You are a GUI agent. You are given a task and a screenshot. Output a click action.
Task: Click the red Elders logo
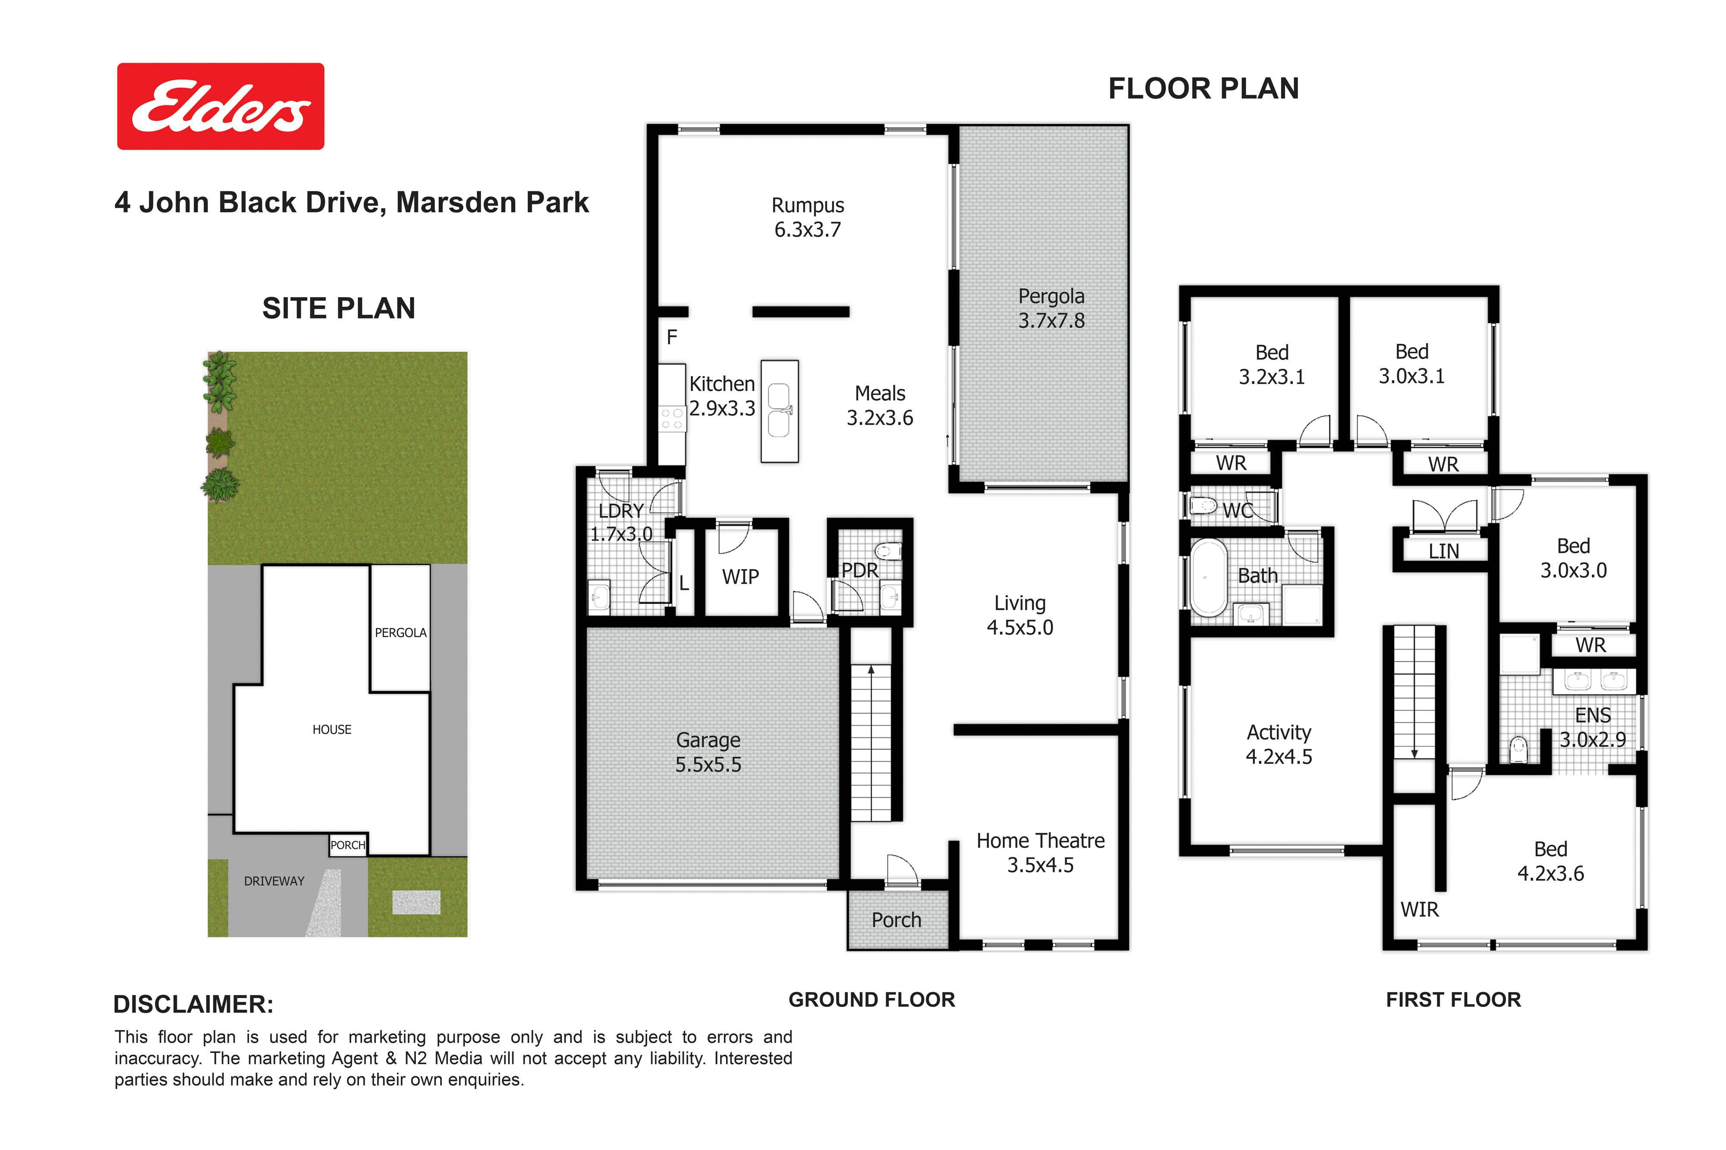220,107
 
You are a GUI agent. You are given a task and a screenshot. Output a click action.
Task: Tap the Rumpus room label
807,217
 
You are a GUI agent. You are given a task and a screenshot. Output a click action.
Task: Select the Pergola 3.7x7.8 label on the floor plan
1051,308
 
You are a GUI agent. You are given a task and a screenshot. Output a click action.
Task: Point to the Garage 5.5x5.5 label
708,752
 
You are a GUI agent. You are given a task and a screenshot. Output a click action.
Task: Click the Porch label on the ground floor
896,920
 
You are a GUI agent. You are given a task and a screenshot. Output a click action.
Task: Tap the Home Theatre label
1040,852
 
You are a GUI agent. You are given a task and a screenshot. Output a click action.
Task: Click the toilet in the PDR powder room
889,550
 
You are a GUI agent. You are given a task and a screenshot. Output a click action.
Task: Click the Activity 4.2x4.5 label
1279,744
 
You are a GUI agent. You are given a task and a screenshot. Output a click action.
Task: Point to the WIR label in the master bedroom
1419,909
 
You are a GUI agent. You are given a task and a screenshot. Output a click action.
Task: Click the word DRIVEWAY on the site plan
274,881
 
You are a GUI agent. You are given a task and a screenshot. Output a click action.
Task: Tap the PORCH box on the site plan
348,845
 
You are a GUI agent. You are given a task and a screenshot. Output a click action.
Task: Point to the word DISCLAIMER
193,1004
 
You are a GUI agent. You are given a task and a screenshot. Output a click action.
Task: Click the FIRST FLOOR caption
1453,1000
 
